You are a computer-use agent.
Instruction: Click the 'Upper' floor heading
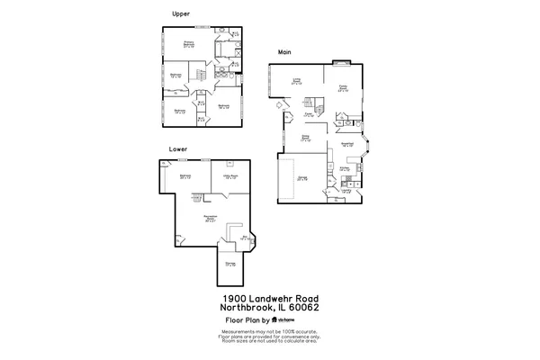(180, 13)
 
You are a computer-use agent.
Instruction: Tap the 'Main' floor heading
(285, 52)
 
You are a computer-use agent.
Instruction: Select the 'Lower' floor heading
(177, 148)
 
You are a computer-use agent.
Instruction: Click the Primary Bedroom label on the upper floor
(190, 43)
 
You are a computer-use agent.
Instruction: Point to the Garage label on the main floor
(302, 178)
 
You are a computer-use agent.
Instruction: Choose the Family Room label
(342, 88)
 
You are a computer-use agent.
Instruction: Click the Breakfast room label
(347, 143)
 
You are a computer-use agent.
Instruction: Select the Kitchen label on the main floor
(345, 167)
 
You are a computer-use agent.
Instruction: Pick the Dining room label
(305, 139)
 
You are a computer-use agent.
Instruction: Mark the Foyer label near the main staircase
(308, 114)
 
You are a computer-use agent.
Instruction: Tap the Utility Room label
(229, 176)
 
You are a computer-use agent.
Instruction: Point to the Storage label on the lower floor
(229, 264)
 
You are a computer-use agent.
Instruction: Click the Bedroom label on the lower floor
(185, 175)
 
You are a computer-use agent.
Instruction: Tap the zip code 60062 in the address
(303, 308)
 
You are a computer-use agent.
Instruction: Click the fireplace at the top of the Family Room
(342, 63)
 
